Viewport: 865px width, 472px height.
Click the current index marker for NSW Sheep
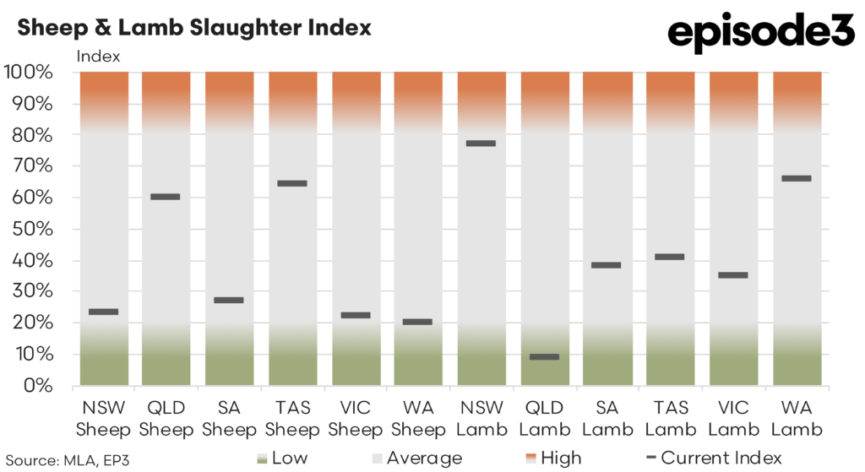point(103,312)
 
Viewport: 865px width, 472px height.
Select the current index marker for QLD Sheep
point(166,197)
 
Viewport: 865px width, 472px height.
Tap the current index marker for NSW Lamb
point(481,144)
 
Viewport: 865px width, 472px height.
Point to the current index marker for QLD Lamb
point(544,356)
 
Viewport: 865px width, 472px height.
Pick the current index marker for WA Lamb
point(796,178)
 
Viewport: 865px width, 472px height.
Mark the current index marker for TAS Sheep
point(291,183)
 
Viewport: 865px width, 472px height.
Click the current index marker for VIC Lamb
point(733,274)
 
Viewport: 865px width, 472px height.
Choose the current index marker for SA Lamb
point(607,265)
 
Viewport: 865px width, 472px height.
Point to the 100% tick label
point(30,73)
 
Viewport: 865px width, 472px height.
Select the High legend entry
point(551,458)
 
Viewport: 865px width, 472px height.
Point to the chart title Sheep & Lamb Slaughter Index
point(194,28)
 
